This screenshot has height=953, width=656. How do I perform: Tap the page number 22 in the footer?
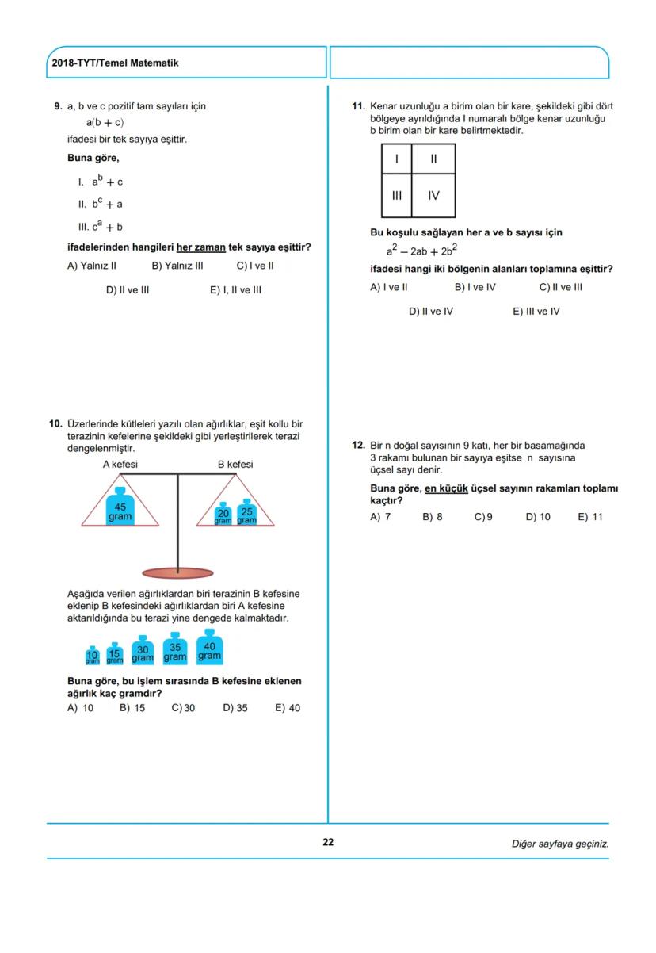328,843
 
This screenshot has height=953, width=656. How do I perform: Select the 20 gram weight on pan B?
223,515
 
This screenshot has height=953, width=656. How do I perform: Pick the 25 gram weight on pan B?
246,512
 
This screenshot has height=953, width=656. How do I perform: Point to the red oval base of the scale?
177,572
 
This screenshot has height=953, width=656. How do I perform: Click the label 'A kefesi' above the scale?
120,464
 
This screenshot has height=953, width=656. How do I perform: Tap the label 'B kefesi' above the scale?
235,464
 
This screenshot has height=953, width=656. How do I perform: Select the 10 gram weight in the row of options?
92,656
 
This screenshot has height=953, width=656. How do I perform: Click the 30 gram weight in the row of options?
143,650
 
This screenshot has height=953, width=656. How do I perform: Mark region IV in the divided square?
433,195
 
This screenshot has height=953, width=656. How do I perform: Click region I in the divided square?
396,159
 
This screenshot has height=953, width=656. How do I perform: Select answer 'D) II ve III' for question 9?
128,290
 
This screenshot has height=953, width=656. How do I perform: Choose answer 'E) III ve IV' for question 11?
536,312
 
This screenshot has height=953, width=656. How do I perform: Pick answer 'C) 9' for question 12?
483,517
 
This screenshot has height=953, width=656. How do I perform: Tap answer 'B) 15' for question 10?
132,708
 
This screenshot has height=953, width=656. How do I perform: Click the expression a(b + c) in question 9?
105,123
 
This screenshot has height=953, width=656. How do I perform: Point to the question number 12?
358,446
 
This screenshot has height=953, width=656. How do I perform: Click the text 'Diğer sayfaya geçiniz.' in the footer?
559,843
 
